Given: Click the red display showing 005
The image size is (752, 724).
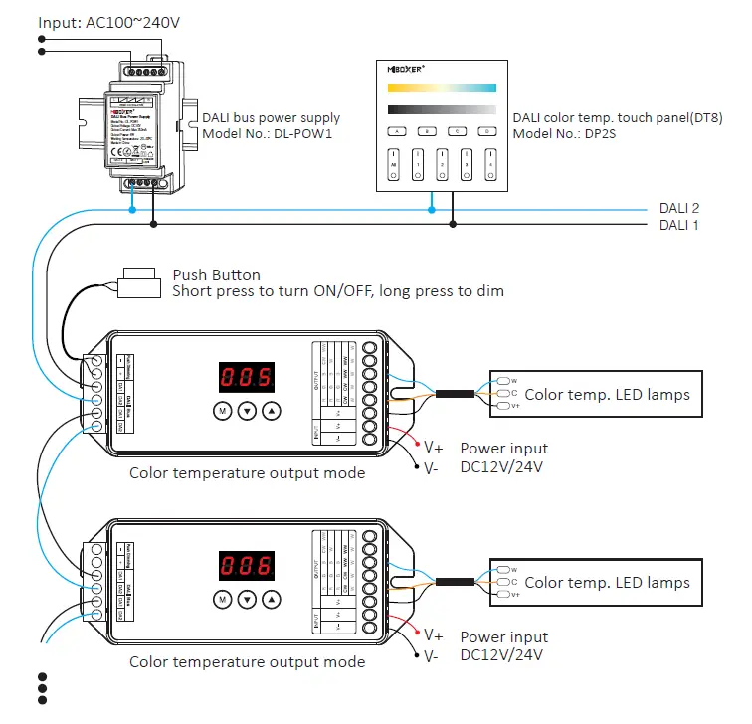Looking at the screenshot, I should click(247, 378).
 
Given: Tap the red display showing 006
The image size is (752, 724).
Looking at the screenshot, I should click(247, 567).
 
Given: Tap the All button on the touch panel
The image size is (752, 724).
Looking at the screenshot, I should click(394, 164).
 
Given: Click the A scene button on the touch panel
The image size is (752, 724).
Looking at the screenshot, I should click(395, 130).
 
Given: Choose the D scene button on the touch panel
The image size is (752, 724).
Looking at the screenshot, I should click(486, 130).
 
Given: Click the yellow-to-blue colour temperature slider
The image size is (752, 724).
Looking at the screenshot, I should click(442, 89).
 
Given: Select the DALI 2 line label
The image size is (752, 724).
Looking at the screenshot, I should click(679, 208).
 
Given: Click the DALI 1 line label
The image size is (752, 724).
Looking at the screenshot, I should click(679, 225).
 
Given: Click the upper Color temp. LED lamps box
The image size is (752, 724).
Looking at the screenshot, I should click(591, 394).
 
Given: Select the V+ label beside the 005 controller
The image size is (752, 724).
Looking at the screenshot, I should click(433, 447).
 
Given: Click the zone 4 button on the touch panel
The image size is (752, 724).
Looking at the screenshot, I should click(486, 164).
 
